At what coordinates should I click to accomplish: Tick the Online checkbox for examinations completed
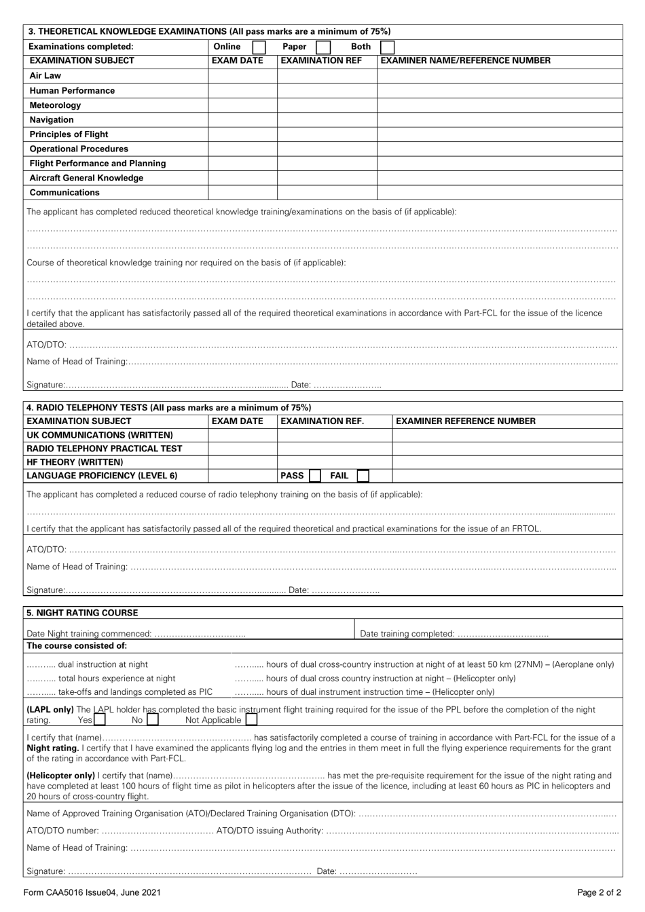(x=259, y=47)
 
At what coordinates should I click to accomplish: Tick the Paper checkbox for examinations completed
(x=323, y=47)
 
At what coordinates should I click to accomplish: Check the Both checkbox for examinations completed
(x=387, y=47)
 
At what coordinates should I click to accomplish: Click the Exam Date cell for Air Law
(x=242, y=76)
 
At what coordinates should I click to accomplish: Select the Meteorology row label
(x=55, y=105)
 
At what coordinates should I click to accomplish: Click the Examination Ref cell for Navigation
(x=327, y=119)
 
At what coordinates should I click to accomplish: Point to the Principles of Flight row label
(x=69, y=134)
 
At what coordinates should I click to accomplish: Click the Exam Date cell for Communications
(x=242, y=192)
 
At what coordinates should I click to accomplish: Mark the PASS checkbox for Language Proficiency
(x=315, y=476)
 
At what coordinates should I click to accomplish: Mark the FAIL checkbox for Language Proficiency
(x=363, y=476)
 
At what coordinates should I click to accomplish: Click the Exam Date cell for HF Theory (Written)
(x=242, y=462)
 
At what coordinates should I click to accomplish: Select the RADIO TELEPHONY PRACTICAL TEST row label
(x=104, y=449)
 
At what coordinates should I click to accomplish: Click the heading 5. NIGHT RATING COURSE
(x=82, y=613)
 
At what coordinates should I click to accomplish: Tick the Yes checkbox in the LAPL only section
(x=100, y=719)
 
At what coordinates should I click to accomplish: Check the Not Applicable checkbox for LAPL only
(x=251, y=719)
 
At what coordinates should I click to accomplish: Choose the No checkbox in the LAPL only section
(x=153, y=719)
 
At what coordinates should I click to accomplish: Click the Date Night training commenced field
(x=200, y=634)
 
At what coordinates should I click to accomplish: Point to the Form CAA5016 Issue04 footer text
(x=92, y=893)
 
